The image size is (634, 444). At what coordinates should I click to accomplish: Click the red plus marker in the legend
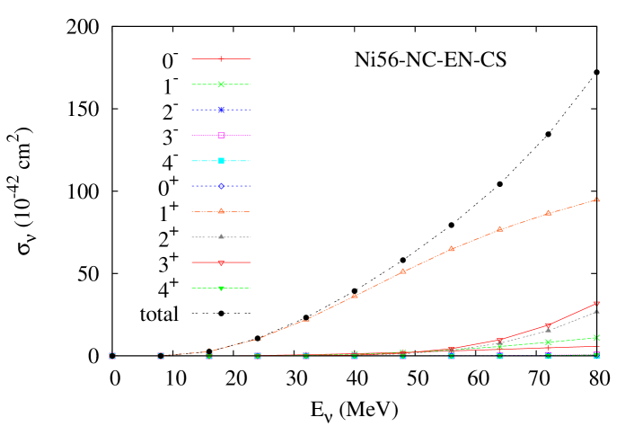click(221, 58)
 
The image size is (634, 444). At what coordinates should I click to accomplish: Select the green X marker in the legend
click(221, 84)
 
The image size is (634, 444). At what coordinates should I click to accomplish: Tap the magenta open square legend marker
click(221, 135)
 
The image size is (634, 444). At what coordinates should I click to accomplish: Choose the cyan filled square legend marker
click(221, 161)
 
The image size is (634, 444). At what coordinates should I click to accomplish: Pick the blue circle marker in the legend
click(221, 186)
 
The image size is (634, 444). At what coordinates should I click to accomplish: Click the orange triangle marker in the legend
click(221, 211)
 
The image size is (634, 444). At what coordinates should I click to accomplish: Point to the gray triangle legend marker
click(221, 236)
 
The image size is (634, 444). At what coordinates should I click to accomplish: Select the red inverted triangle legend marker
click(221, 263)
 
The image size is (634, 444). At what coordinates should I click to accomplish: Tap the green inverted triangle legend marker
click(221, 289)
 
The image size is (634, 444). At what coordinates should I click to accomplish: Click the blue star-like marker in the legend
click(221, 110)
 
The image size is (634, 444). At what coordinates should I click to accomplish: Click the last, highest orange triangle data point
click(596, 200)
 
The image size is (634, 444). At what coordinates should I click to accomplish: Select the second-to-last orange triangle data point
click(548, 213)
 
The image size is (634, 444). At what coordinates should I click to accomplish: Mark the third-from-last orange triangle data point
click(499, 229)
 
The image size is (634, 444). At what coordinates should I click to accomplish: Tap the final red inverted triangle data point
click(596, 304)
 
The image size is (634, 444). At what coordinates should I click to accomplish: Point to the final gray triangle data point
click(596, 311)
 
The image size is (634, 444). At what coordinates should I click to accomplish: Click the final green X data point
click(596, 338)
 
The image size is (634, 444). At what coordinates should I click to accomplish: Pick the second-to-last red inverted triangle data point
click(548, 325)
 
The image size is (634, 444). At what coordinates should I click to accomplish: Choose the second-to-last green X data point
click(548, 342)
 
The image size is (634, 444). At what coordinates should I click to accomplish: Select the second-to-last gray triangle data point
click(548, 330)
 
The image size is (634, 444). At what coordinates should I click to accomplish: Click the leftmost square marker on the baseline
click(112, 356)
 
